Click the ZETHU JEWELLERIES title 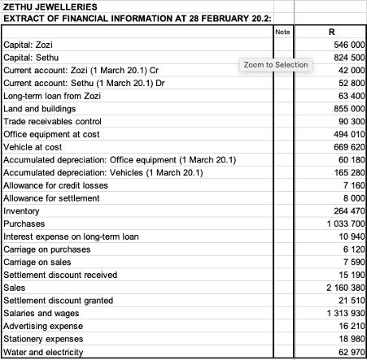pyautogui.click(x=50, y=7)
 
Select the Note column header pyautogui.click(x=282, y=32)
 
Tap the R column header pyautogui.click(x=330, y=32)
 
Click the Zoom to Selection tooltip pyautogui.click(x=276, y=64)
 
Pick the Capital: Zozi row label pyautogui.click(x=28, y=44)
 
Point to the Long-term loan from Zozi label pyautogui.click(x=53, y=96)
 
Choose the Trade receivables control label pyautogui.click(x=54, y=121)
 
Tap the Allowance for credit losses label pyautogui.click(x=55, y=185)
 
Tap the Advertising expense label pyautogui.click(x=43, y=327)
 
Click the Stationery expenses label pyautogui.click(x=44, y=339)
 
